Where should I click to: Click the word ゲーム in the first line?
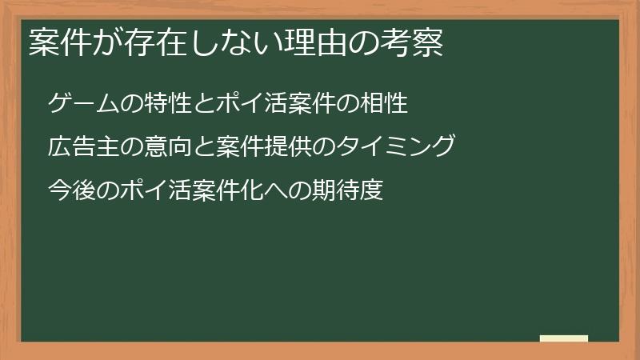[x=82, y=103]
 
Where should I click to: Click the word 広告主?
[x=82, y=147]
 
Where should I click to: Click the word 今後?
[x=71, y=191]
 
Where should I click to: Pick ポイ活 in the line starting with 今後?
[x=149, y=191]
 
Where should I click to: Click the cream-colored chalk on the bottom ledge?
[x=564, y=338]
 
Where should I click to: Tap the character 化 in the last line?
[x=238, y=191]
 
